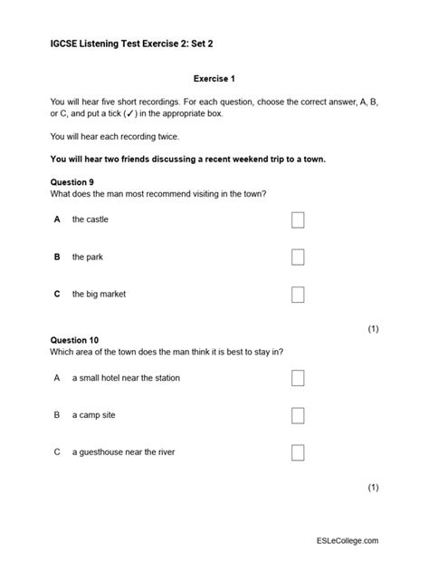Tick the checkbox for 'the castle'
click(x=298, y=219)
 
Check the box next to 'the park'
click(x=298, y=257)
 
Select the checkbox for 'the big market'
click(x=298, y=294)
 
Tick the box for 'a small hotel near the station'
click(x=298, y=378)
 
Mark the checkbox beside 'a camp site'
click(x=298, y=415)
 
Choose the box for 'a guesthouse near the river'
click(x=298, y=452)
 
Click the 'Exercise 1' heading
click(x=214, y=79)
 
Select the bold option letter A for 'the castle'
click(x=57, y=219)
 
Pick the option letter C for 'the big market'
click(x=57, y=294)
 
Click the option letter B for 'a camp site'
click(x=57, y=415)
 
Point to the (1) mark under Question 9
click(x=373, y=330)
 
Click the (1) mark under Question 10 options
click(x=373, y=488)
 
